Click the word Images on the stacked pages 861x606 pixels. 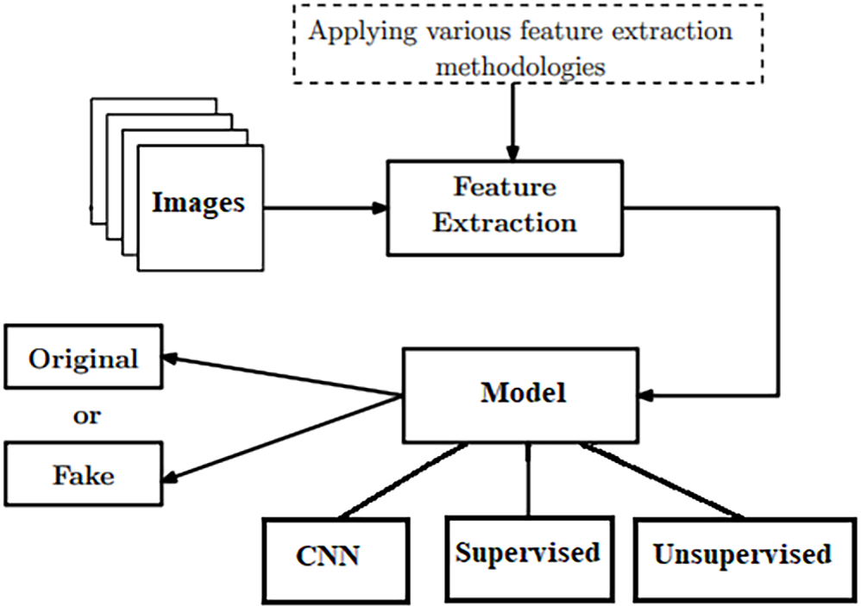coord(198,203)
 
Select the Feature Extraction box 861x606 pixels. coord(505,208)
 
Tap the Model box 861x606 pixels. coord(520,395)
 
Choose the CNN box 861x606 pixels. coord(336,560)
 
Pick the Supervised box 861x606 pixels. coord(529,559)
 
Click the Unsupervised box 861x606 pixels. coord(745,559)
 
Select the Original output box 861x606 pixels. coord(84,357)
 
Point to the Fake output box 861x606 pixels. coord(84,473)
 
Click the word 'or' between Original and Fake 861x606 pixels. coord(87,416)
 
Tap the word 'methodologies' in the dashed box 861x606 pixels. coord(520,67)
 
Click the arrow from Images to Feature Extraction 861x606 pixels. coord(325,208)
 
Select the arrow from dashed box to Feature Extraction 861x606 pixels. coord(512,122)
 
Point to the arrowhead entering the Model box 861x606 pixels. coord(645,395)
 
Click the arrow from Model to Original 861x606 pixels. coord(282,376)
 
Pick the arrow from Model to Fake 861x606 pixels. coord(282,440)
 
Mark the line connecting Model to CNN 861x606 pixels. coord(404,480)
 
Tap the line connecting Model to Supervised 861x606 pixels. coord(528,479)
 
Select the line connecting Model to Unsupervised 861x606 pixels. coord(663,480)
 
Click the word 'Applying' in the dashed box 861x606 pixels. coord(362,32)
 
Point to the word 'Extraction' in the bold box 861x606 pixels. coord(505,223)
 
